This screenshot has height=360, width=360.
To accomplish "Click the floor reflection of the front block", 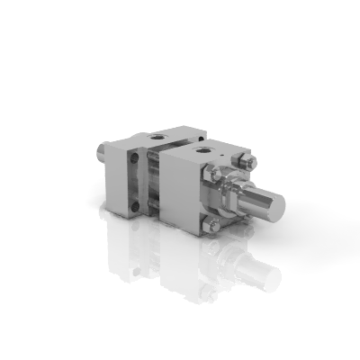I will click(193, 270).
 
